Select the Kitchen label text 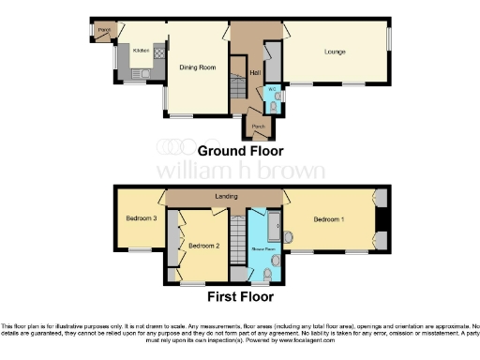141,51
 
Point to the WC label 272,90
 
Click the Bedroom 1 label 329,219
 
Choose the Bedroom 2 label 203,246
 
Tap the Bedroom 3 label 141,219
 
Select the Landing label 226,197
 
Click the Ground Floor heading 239,150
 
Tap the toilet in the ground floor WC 272,107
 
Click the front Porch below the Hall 255,126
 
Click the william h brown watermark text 239,172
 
